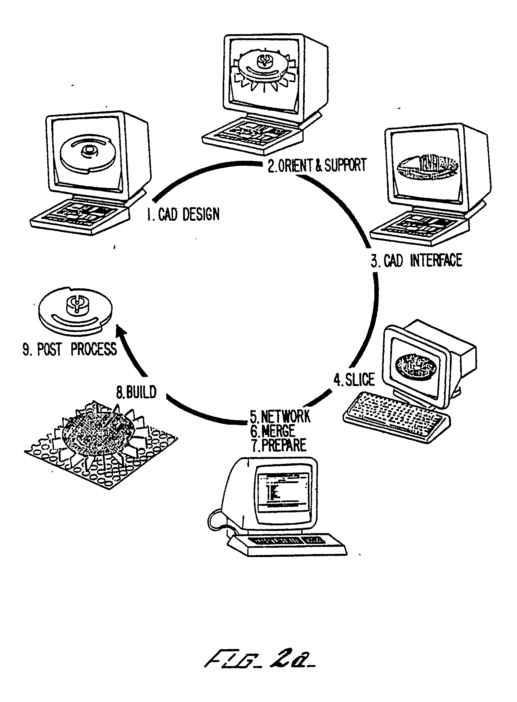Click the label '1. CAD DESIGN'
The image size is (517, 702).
coord(183,214)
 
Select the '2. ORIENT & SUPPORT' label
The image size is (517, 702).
coord(317,165)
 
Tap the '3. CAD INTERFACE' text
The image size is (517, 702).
coord(417,260)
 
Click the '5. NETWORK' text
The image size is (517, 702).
coord(280,417)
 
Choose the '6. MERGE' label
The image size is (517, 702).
coord(272,431)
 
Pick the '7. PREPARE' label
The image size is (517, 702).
coord(279,445)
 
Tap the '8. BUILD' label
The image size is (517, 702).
coord(136,392)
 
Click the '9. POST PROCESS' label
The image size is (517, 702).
coord(70,349)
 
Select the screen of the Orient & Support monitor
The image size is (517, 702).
coord(264,72)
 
